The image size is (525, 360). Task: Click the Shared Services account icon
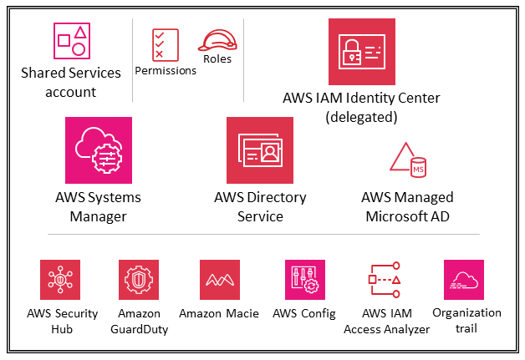[x=70, y=38]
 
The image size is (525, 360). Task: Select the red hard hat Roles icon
[x=217, y=39]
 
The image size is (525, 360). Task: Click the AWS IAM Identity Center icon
[x=361, y=52]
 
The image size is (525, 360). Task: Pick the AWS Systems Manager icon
[x=98, y=150]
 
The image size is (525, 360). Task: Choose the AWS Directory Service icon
[x=260, y=150]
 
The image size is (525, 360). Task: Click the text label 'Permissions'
[x=166, y=71]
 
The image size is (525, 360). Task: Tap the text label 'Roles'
[x=217, y=59]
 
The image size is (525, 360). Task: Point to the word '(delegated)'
[x=360, y=117]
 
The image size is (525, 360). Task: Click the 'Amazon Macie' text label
[x=220, y=314]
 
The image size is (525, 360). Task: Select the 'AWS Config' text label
[x=304, y=314]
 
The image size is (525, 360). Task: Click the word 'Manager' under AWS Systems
[x=98, y=217]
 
